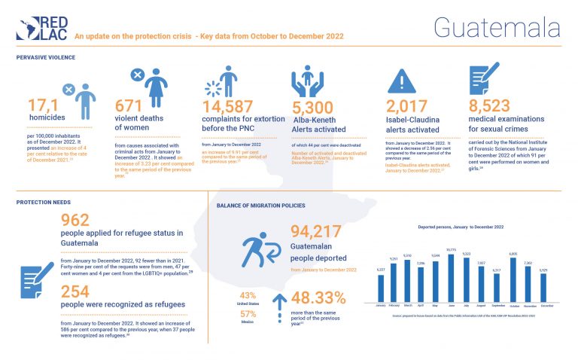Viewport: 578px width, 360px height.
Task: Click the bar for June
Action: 450,278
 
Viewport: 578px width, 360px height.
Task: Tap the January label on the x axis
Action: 380,306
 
